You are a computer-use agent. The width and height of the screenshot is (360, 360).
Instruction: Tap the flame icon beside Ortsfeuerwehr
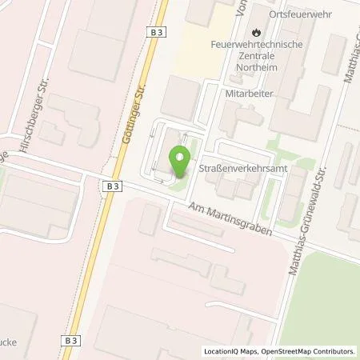tap(255, 32)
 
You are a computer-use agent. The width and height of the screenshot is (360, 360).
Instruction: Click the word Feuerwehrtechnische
tap(256, 44)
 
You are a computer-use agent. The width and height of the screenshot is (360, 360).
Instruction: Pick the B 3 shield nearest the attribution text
tap(70, 340)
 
